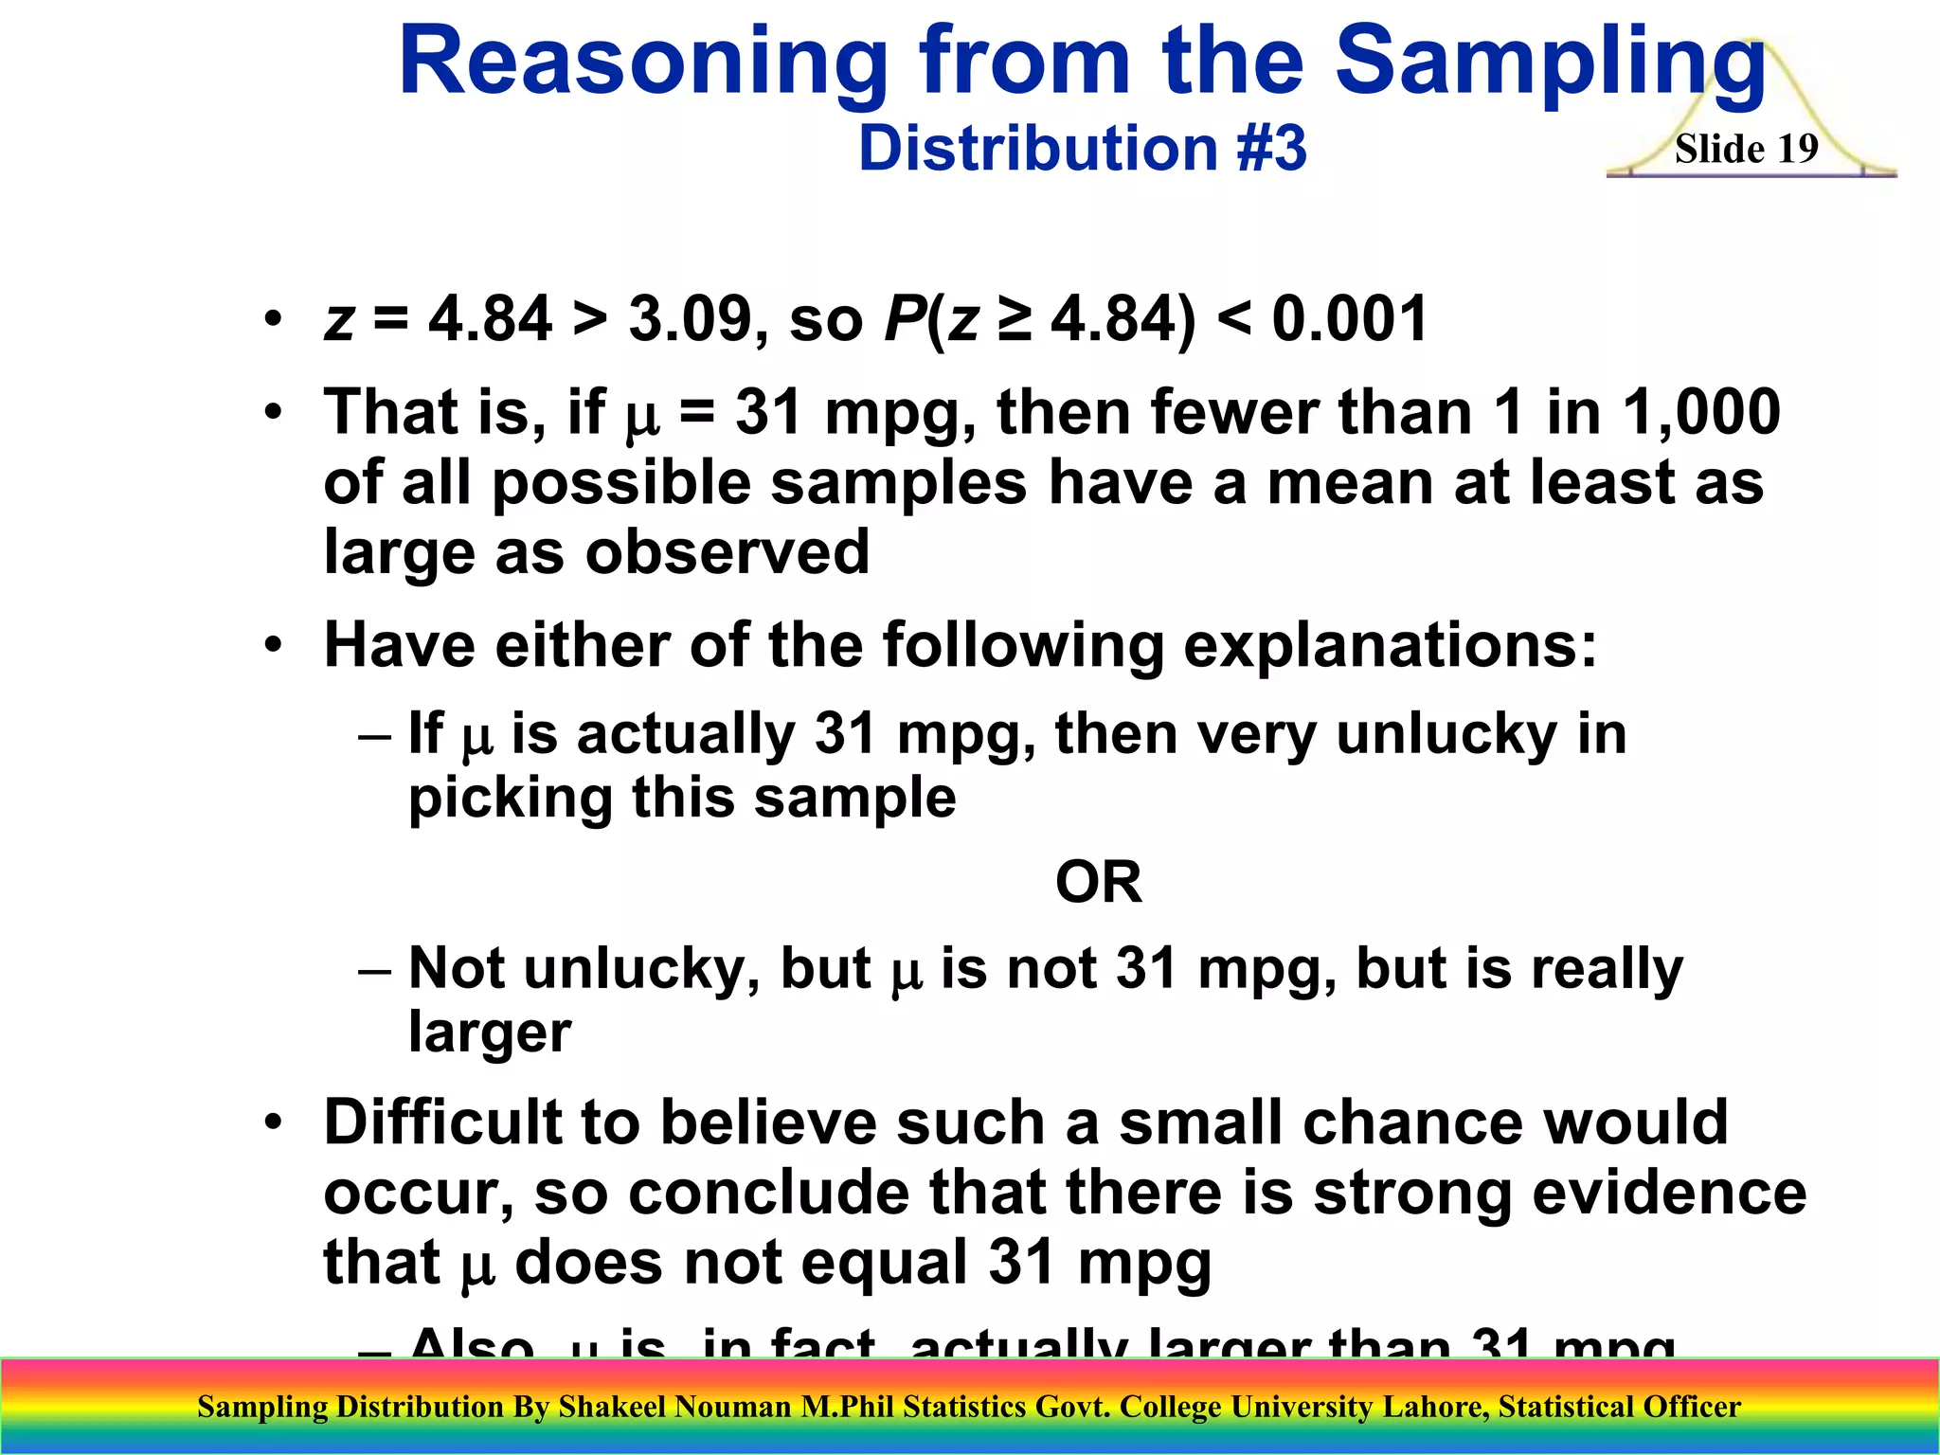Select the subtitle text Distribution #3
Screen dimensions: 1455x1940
pyautogui.click(x=1082, y=149)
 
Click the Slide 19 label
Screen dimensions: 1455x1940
pyautogui.click(x=1746, y=149)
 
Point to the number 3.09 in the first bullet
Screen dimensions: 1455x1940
pyautogui.click(x=690, y=319)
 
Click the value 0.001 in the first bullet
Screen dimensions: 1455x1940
pyautogui.click(x=1349, y=319)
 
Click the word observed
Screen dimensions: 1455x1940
pyautogui.click(x=727, y=552)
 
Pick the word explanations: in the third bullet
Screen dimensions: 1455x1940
pyautogui.click(x=1391, y=645)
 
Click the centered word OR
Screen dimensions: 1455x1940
pyautogui.click(x=1098, y=882)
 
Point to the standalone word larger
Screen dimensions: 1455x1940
pyautogui.click(x=490, y=1032)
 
